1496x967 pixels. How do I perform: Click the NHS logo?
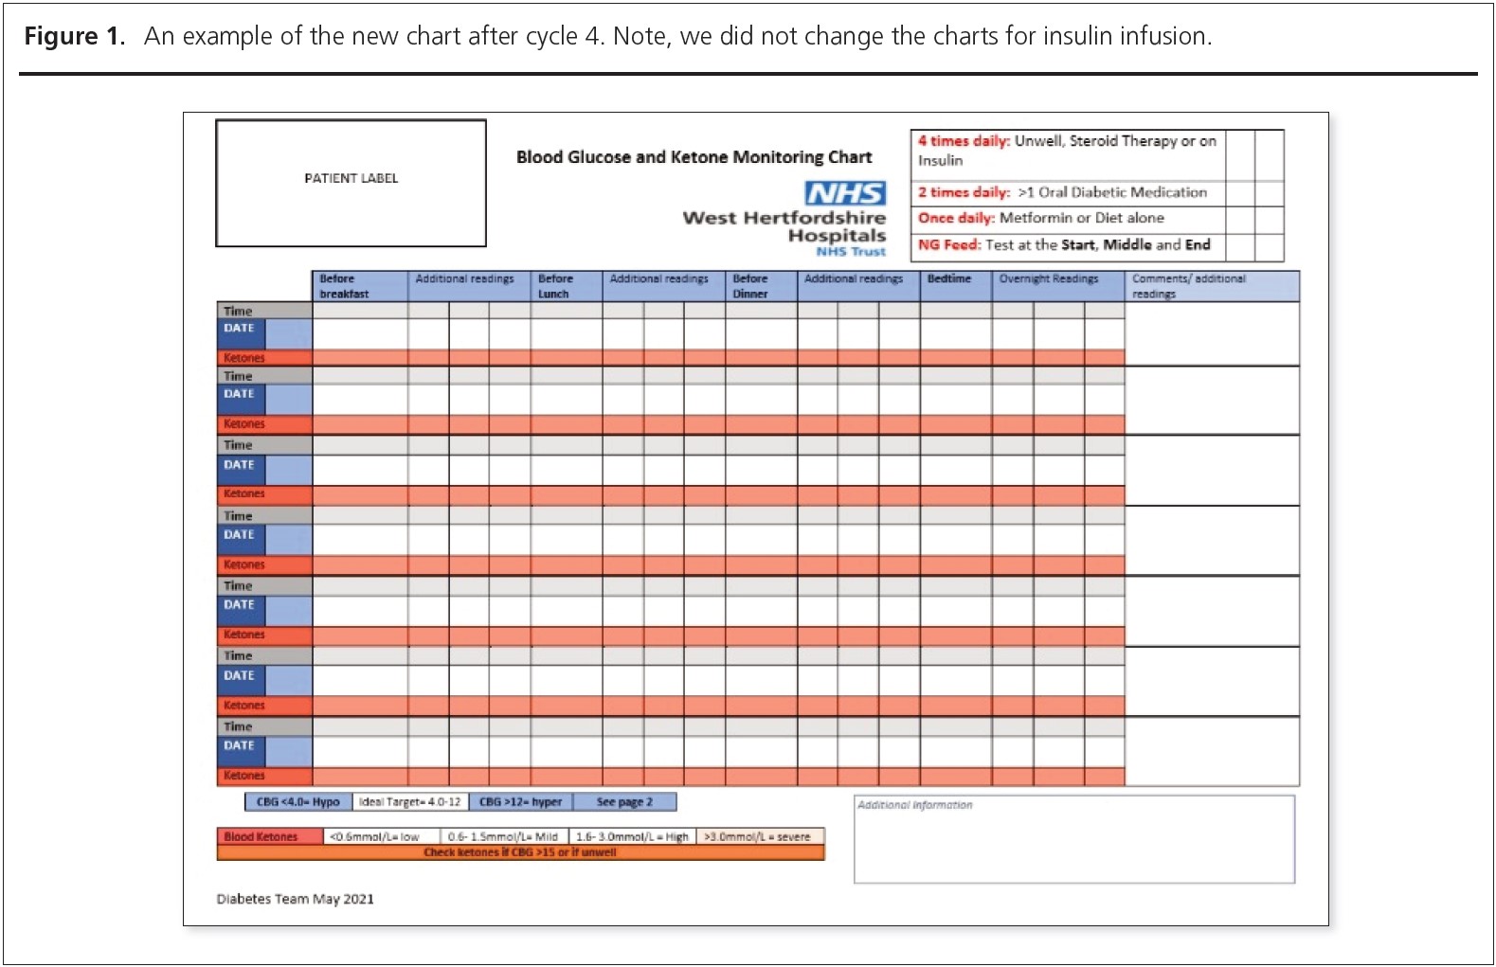pyautogui.click(x=845, y=193)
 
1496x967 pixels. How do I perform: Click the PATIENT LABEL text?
pyautogui.click(x=351, y=178)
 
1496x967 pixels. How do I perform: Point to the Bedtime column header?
pyautogui.click(x=949, y=278)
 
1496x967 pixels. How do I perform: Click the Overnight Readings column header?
pyautogui.click(x=1049, y=278)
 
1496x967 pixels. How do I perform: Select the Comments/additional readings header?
pyautogui.click(x=1189, y=286)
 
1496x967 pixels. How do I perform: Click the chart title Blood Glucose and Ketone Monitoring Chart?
pyautogui.click(x=694, y=157)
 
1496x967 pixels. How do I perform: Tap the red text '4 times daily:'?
pyautogui.click(x=964, y=141)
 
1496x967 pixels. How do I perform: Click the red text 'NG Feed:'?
pyautogui.click(x=948, y=244)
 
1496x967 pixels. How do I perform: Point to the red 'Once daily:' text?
pyautogui.click(x=956, y=218)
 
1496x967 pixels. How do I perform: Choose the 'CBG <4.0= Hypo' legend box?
pyautogui.click(x=297, y=802)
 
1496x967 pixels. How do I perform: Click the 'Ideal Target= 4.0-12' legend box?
pyautogui.click(x=410, y=802)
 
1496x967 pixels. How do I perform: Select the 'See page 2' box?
pyautogui.click(x=624, y=802)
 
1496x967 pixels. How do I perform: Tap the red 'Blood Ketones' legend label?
pyautogui.click(x=261, y=837)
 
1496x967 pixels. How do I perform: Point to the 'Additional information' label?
pyautogui.click(x=914, y=805)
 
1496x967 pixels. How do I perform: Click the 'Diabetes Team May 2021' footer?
pyautogui.click(x=295, y=899)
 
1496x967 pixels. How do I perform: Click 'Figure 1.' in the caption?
pyautogui.click(x=74, y=37)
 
